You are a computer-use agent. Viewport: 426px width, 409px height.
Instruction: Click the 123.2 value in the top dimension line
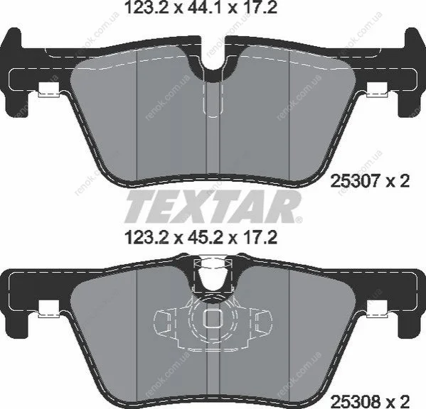pyautogui.click(x=147, y=8)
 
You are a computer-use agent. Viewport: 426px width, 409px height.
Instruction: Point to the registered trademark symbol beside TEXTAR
pyautogui.click(x=299, y=219)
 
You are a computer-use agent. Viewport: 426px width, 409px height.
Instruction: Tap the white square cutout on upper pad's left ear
pyautogui.click(x=49, y=89)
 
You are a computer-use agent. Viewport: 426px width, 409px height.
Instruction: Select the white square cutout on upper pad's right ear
pyautogui.click(x=377, y=89)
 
